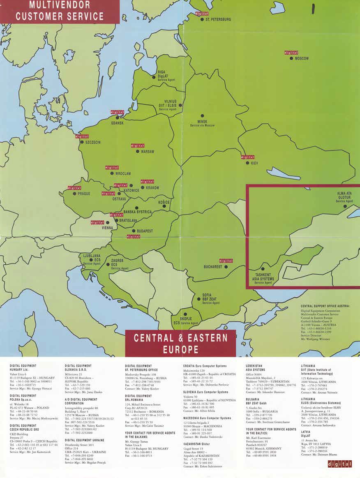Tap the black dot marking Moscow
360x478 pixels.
pyautogui.click(x=291, y=58)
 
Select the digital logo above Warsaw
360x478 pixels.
pyautogui.click(x=137, y=146)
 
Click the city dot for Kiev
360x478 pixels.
pyautogui.click(x=247, y=163)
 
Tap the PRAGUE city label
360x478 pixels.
pyautogui.click(x=84, y=194)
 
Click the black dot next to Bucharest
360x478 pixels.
pyautogui.click(x=226, y=267)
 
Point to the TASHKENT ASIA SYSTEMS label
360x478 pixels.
pyautogui.click(x=263, y=278)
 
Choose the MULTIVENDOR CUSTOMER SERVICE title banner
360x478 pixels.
pyautogui.click(x=60, y=12)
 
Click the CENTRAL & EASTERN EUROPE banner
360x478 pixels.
pyautogui.click(x=180, y=344)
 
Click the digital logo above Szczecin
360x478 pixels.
pyautogui.click(x=82, y=136)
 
